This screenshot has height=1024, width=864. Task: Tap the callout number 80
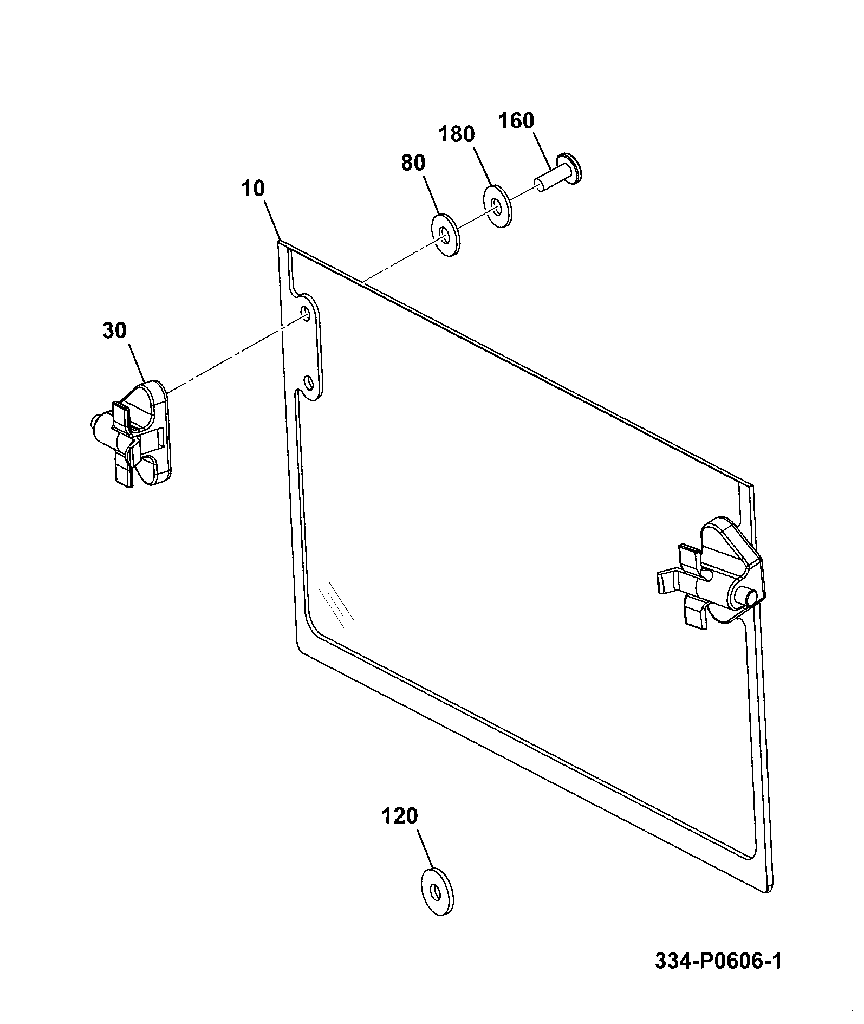tap(413, 163)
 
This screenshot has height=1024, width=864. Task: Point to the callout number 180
tap(457, 134)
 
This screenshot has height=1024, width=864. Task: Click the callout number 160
tap(516, 120)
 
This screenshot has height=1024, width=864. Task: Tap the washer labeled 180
tap(496, 206)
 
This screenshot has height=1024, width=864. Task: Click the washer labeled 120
tap(437, 892)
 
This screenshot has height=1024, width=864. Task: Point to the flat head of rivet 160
tap(571, 167)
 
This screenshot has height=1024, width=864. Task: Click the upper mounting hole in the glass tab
tap(307, 314)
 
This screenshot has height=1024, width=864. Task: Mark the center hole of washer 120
tap(435, 891)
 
